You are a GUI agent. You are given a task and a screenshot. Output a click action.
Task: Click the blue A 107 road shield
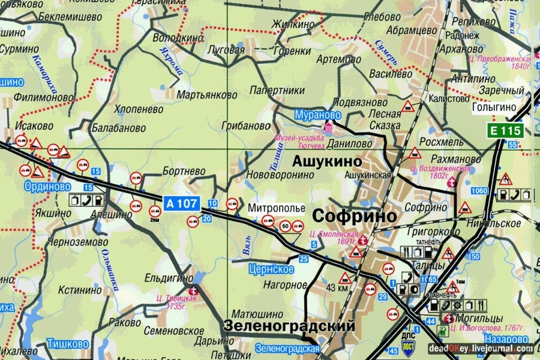click(x=182, y=203)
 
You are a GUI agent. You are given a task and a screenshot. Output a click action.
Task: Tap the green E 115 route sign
click(x=506, y=131)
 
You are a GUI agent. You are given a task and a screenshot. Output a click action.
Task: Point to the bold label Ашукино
click(x=327, y=162)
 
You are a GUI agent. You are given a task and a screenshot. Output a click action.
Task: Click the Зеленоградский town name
click(x=289, y=326)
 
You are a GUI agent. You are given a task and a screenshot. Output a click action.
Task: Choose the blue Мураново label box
click(x=317, y=114)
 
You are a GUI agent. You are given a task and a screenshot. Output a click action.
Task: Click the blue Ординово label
click(x=47, y=187)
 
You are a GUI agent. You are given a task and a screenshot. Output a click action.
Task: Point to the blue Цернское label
click(x=273, y=269)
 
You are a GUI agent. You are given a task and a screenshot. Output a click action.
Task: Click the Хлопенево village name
click(x=140, y=110)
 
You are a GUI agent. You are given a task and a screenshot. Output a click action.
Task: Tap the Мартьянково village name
click(x=208, y=95)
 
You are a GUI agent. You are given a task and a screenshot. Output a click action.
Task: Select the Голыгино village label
click(x=494, y=107)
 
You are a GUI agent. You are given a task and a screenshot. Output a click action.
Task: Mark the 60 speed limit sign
click(x=284, y=226)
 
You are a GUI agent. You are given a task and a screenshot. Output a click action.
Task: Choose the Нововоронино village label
click(x=281, y=175)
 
